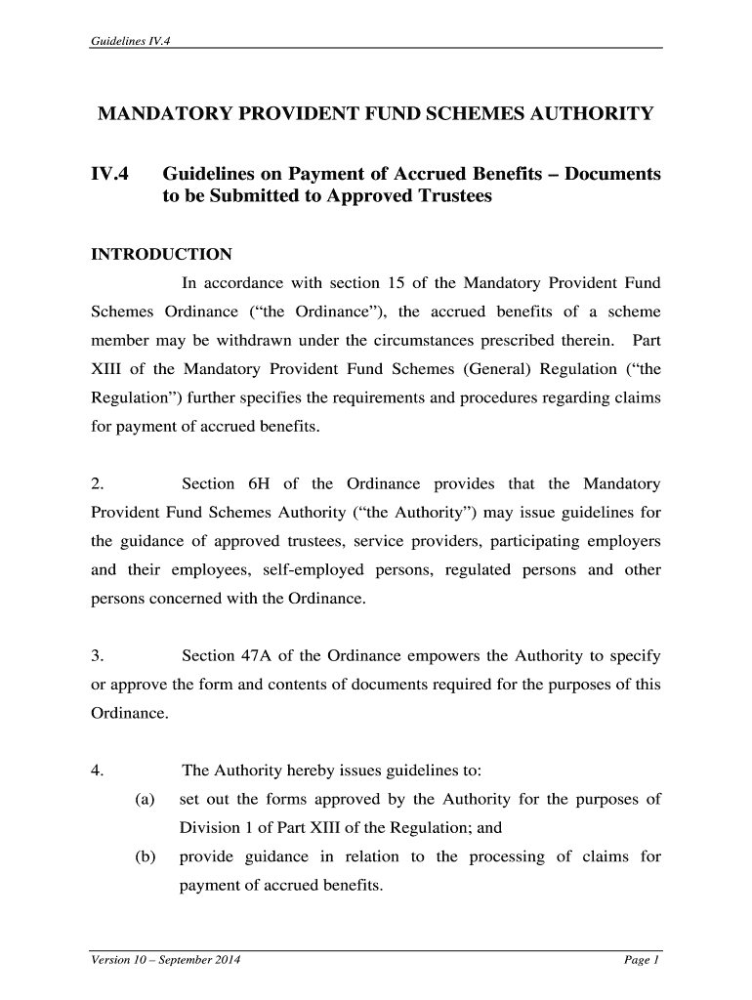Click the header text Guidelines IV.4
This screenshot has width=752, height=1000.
pos(131,40)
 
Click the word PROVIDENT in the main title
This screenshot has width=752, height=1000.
pos(305,115)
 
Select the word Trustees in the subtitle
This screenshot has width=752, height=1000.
pos(447,196)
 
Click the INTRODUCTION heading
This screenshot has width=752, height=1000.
pos(161,255)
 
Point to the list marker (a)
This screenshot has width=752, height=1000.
pos(146,800)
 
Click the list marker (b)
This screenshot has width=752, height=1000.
pos(146,857)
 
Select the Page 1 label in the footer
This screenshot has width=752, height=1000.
pos(643,961)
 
